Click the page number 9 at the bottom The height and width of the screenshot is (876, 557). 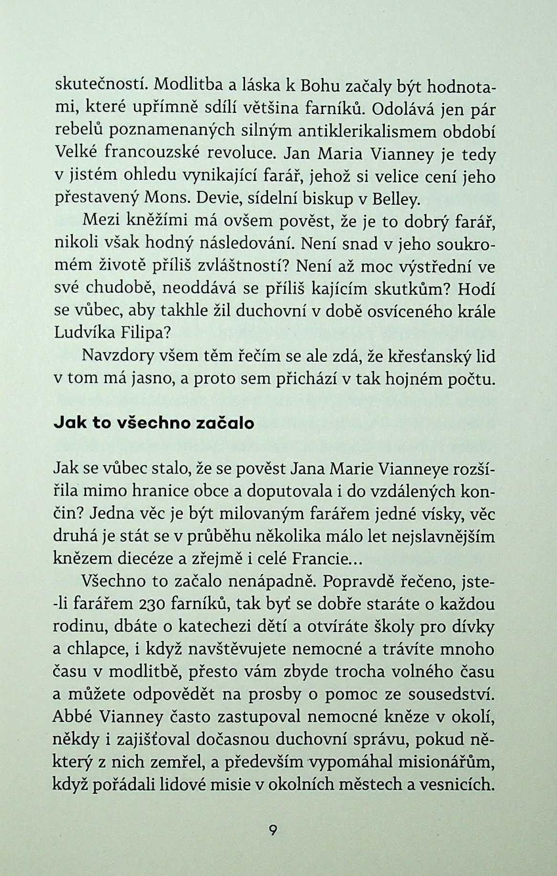point(273,830)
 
